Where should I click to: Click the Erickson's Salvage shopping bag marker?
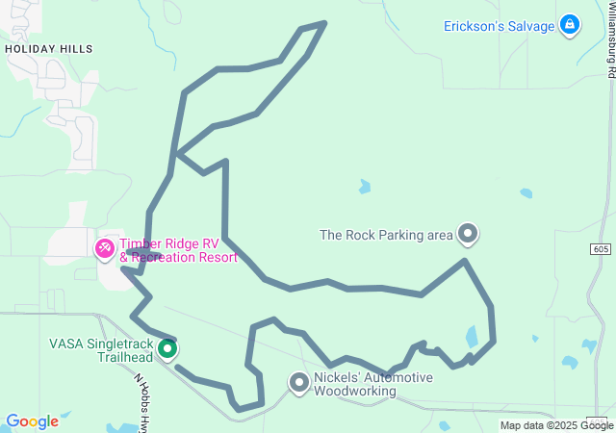(570, 25)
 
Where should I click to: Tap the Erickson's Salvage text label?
(499, 26)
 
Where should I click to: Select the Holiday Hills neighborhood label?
(48, 48)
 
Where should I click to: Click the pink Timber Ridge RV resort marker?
(104, 249)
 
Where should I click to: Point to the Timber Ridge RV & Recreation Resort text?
(178, 251)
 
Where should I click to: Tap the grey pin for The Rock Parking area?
(468, 233)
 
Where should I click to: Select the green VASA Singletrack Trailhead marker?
(167, 348)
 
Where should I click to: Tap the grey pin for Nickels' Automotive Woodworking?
(298, 383)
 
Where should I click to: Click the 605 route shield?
(601, 248)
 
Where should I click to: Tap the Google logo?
(32, 421)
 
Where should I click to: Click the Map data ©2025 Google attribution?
(555, 425)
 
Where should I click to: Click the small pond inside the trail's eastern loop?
(472, 337)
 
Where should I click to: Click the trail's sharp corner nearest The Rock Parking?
(465, 260)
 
